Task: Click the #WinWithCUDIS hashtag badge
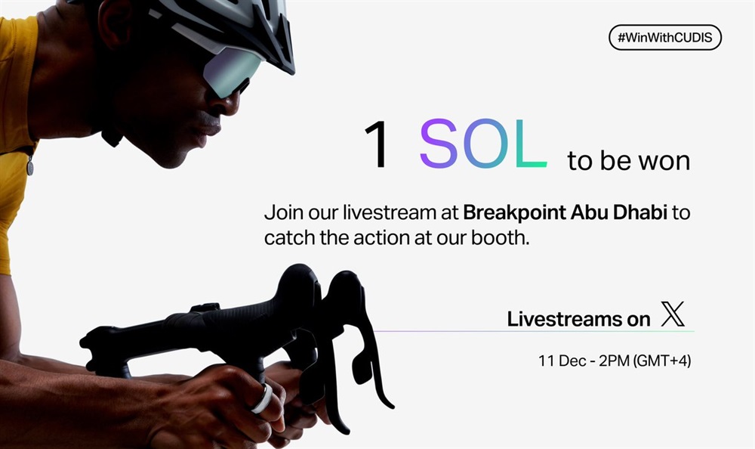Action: point(665,38)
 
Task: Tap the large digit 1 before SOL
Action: point(378,144)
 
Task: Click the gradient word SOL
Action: point(483,144)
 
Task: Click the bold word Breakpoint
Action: point(514,212)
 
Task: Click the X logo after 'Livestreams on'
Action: point(673,314)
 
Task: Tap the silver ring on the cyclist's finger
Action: point(261,399)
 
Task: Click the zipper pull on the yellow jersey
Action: point(30,166)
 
